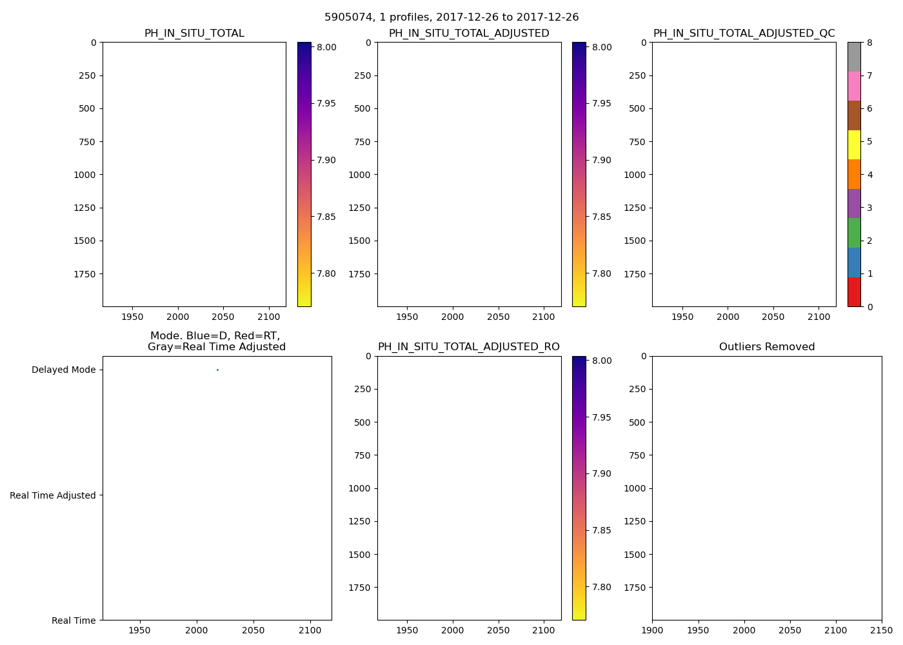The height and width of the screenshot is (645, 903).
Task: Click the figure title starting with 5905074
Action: [x=451, y=17]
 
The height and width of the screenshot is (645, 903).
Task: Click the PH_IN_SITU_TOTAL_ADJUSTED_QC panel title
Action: [x=744, y=34]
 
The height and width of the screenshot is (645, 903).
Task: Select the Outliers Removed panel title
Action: [x=767, y=347]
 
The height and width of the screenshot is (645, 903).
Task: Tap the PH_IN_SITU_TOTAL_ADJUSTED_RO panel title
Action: [x=469, y=347]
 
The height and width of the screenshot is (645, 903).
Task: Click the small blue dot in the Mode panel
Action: [x=217, y=370]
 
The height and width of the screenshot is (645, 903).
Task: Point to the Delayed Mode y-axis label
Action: [x=63, y=370]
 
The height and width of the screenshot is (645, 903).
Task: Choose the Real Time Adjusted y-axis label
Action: [x=53, y=495]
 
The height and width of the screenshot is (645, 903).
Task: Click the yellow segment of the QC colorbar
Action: [x=854, y=144]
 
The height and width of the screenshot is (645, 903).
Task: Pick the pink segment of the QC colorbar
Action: [x=854, y=86]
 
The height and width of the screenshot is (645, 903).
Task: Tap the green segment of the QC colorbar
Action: [x=854, y=233]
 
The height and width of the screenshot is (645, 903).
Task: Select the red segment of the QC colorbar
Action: [x=854, y=292]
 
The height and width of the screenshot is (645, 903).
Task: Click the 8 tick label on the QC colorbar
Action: [x=869, y=43]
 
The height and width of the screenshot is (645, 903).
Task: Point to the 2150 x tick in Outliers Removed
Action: [x=882, y=630]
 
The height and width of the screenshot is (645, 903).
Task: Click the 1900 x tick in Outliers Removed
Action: [x=652, y=630]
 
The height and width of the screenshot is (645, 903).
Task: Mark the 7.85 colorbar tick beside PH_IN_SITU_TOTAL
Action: [x=326, y=217]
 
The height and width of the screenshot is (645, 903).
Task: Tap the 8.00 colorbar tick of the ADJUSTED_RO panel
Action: [x=601, y=361]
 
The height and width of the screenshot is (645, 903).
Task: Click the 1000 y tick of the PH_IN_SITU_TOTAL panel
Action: [x=85, y=175]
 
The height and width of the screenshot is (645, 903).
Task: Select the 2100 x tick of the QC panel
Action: [x=819, y=317]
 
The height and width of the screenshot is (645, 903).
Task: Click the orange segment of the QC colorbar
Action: [x=854, y=174]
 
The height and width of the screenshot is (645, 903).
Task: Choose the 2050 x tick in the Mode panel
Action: [x=253, y=630]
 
